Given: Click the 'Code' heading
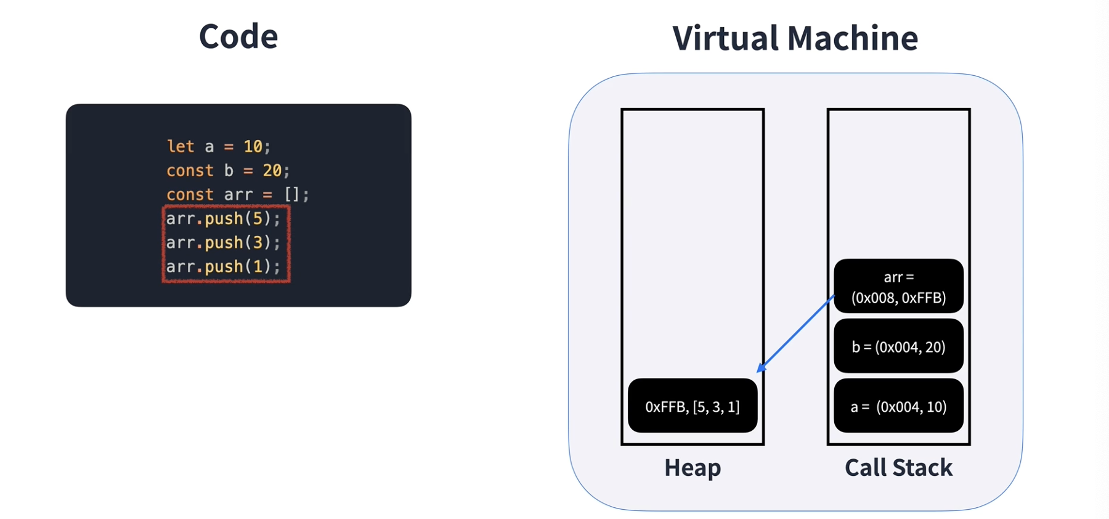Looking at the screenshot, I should pos(238,36).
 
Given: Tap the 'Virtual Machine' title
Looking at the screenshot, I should pos(795,38).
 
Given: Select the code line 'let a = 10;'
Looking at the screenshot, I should pos(218,147).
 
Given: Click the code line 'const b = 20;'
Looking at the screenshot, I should pos(227,171).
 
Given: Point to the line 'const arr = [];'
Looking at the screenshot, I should pos(237,195).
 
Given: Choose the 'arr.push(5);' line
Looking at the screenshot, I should pos(223,219).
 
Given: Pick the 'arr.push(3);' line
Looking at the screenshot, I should pos(223,243).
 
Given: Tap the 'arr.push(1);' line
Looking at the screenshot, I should pos(223,267).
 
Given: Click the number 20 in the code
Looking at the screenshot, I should pos(272,171).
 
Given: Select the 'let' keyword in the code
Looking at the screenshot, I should pos(181,147).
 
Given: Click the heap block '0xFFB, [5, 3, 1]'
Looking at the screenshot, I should pos(693,406).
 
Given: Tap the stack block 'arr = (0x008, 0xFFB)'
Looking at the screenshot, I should pos(898,287).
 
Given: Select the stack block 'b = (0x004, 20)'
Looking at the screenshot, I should pos(898,346).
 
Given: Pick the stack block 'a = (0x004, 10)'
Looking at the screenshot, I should pos(898,406).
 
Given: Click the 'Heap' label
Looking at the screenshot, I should pos(693,468).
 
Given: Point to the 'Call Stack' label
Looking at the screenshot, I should pos(898,468).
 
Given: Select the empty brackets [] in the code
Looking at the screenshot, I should pos(291,195).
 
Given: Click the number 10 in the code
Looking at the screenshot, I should pos(253,147).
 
